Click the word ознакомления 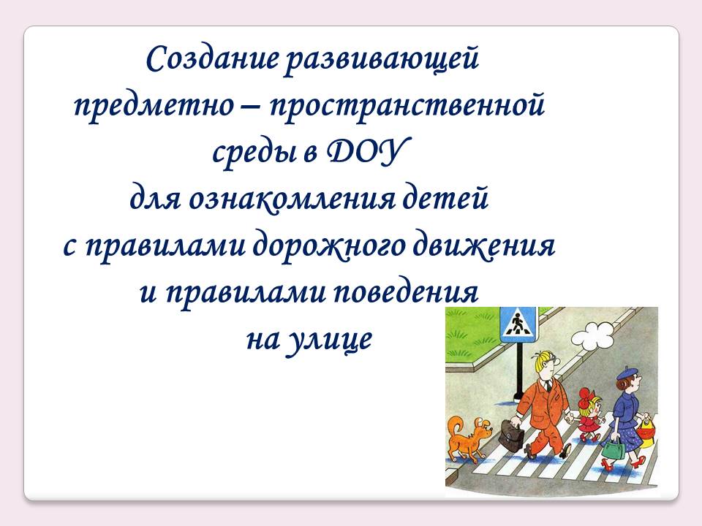(x=292, y=200)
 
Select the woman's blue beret (x=627, y=373)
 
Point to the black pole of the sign (x=519, y=372)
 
